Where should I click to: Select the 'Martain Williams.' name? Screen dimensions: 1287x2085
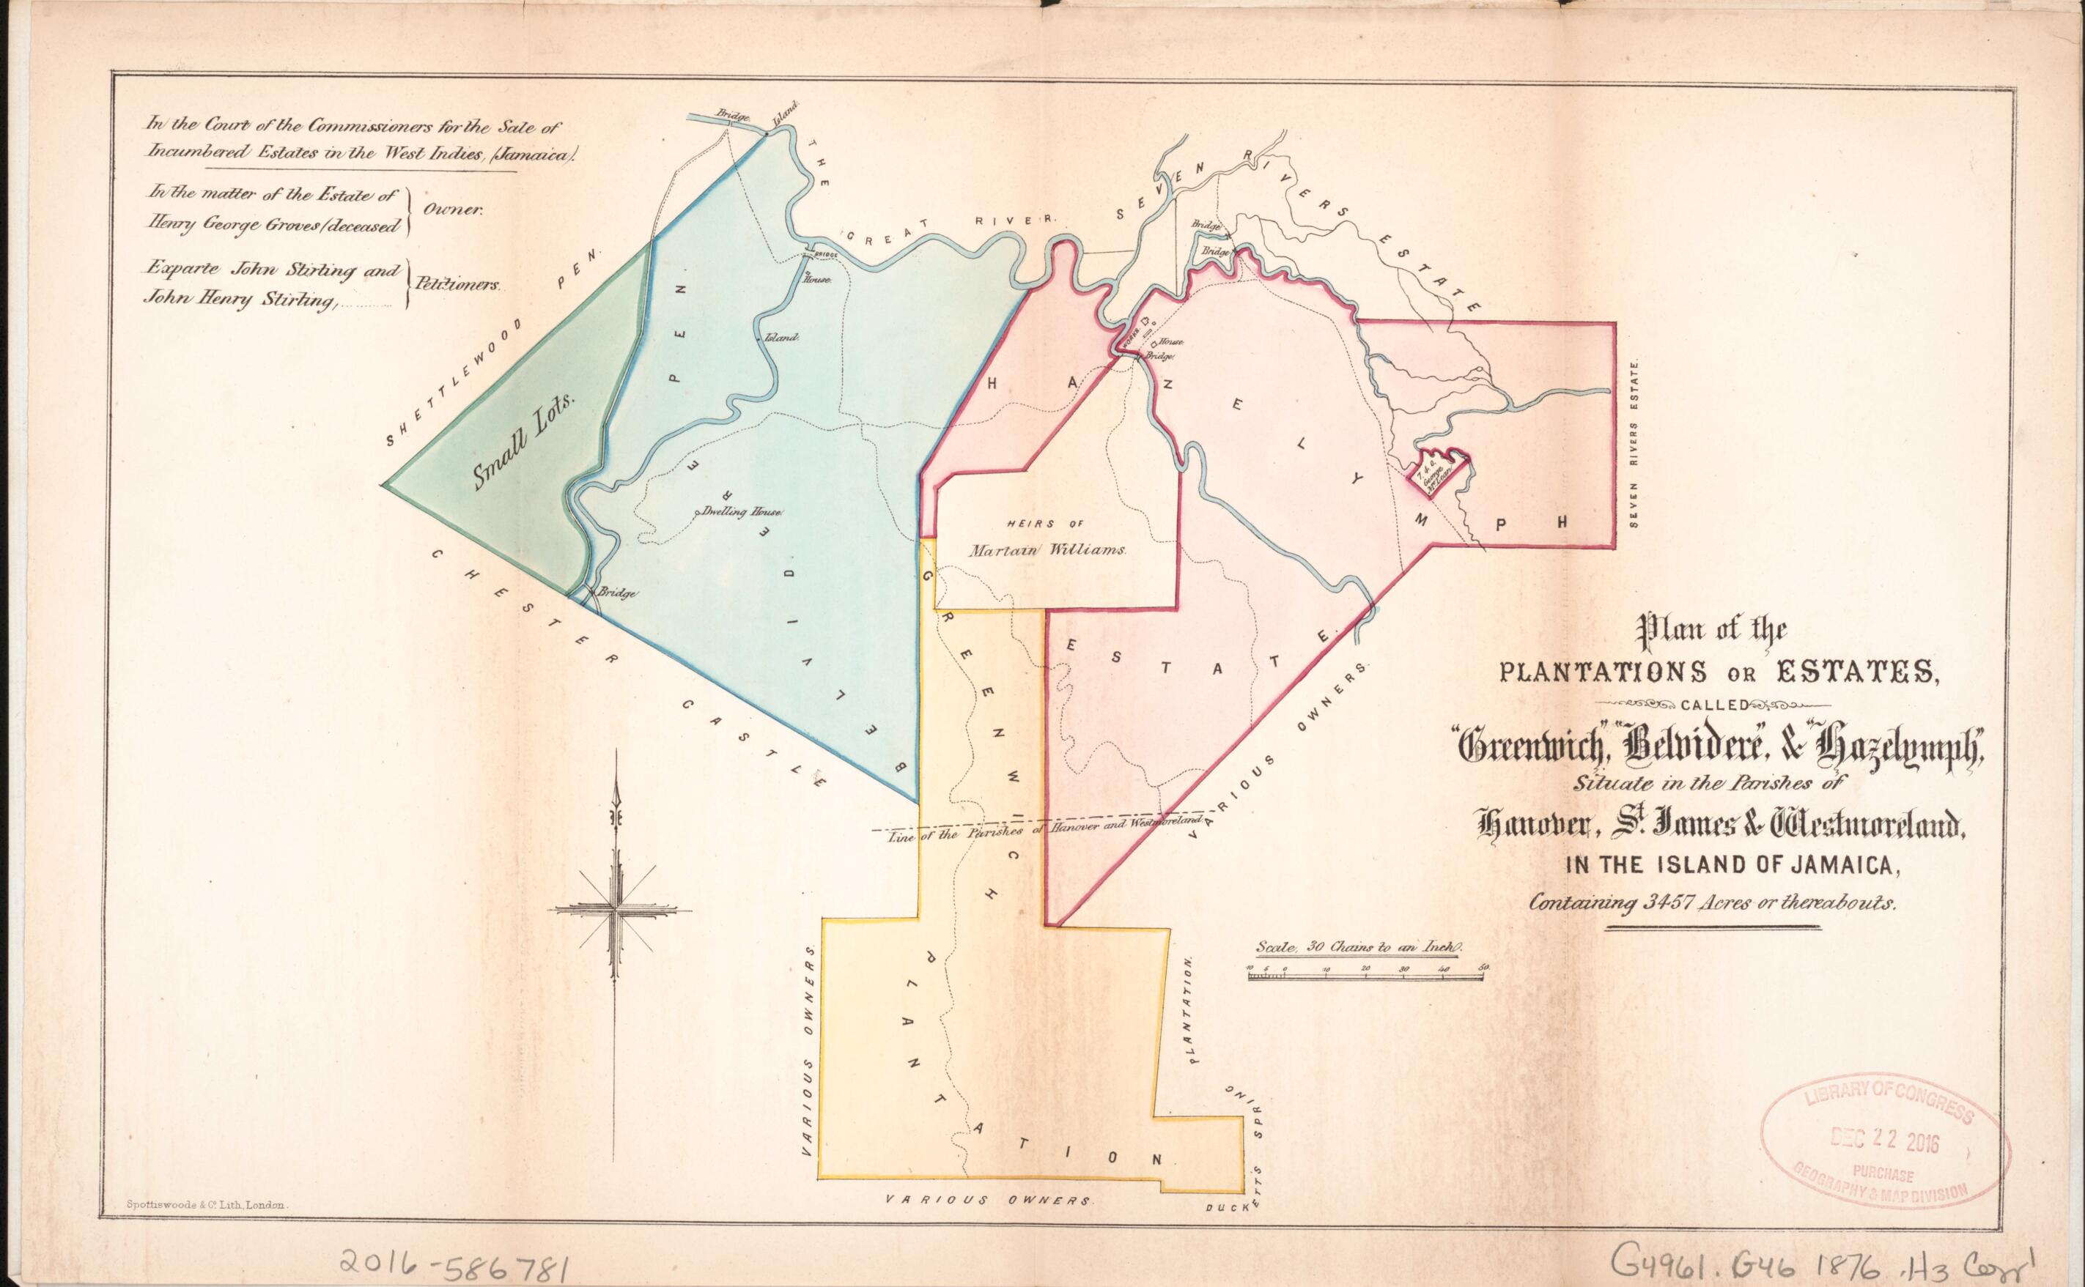(1048, 551)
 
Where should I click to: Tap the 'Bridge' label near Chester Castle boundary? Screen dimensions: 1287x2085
(618, 593)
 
